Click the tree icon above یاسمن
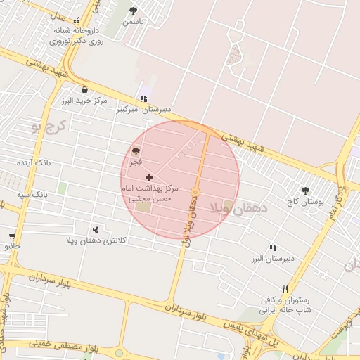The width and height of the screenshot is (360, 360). click(134, 11)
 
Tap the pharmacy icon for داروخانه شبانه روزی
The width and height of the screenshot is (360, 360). click(77, 21)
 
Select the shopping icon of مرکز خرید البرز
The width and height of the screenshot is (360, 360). click(85, 89)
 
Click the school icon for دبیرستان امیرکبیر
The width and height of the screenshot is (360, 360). click(144, 98)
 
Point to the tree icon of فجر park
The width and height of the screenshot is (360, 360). click(136, 151)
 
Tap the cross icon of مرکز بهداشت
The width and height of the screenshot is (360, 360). click(149, 177)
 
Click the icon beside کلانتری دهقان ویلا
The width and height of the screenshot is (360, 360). click(96, 229)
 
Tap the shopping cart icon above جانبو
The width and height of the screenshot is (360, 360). click(11, 236)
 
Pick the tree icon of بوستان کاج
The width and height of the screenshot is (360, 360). click(305, 190)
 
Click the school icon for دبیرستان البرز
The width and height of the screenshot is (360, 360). click(273, 247)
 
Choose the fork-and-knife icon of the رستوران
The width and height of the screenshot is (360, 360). click(285, 289)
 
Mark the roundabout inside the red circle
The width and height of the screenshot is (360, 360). click(195, 192)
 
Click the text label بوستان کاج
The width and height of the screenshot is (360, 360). click(304, 201)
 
